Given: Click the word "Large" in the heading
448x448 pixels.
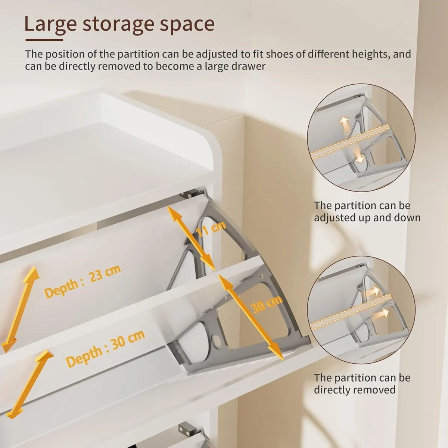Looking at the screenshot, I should pyautogui.click(x=50, y=24).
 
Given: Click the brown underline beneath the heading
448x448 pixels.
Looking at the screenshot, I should pyautogui.click(x=44, y=39).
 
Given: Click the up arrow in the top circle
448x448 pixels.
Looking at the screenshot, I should pyautogui.click(x=343, y=125).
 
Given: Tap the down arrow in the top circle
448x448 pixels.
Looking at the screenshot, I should pyautogui.click(x=359, y=155).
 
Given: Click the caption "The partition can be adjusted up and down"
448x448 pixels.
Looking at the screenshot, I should pyautogui.click(x=367, y=211).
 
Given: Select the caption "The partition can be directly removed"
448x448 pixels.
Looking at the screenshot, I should pyautogui.click(x=362, y=383).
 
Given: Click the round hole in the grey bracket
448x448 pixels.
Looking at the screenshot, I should pyautogui.click(x=215, y=340).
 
